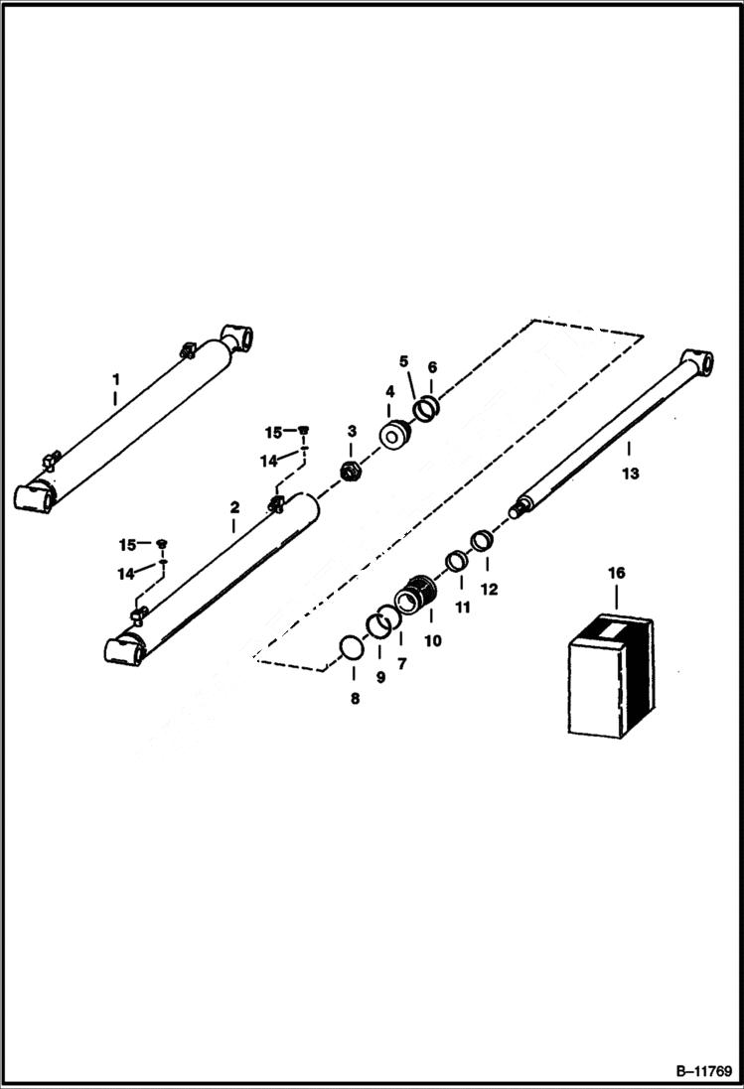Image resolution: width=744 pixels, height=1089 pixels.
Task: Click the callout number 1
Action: (115, 379)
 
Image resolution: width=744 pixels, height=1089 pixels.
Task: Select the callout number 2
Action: (234, 507)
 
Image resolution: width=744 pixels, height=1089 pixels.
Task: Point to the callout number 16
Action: (616, 574)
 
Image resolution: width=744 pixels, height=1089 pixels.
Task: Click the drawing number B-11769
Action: (702, 1072)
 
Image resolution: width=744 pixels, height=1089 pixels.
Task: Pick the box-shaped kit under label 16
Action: (611, 675)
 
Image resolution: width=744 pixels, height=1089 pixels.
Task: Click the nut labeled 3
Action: (352, 472)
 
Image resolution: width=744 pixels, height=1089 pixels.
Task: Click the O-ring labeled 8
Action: (350, 648)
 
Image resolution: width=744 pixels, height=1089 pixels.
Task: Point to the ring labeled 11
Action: (457, 562)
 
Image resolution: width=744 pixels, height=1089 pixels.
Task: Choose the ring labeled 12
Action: (482, 541)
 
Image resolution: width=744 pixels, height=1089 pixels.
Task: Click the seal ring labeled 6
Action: (427, 408)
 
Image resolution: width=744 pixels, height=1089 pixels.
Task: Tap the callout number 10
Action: (432, 641)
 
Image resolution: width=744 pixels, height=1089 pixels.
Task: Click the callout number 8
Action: (355, 698)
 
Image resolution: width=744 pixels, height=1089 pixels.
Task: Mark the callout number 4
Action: (390, 391)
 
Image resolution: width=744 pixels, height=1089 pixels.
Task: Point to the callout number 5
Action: (404, 359)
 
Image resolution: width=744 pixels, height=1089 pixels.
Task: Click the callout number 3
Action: (352, 430)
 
